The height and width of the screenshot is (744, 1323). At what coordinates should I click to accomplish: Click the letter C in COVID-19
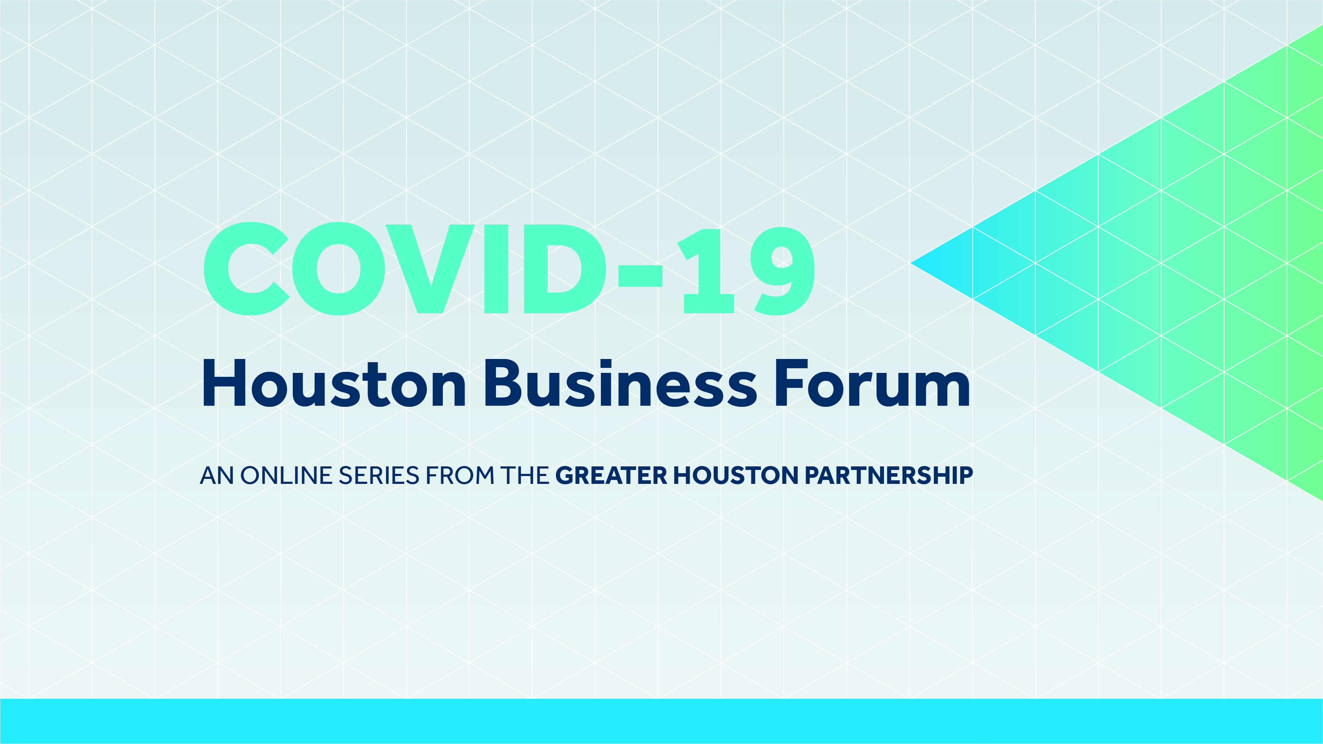246,268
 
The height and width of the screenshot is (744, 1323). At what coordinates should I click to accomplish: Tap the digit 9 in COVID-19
782,270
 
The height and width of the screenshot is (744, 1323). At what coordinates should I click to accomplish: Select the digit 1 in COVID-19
706,271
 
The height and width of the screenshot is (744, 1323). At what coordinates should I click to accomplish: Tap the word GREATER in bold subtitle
611,475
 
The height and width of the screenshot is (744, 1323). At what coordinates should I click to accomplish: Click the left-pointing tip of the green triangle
911,263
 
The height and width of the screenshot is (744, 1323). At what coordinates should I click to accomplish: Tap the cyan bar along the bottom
661,721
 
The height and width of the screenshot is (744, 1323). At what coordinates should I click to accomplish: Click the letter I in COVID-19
496,269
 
